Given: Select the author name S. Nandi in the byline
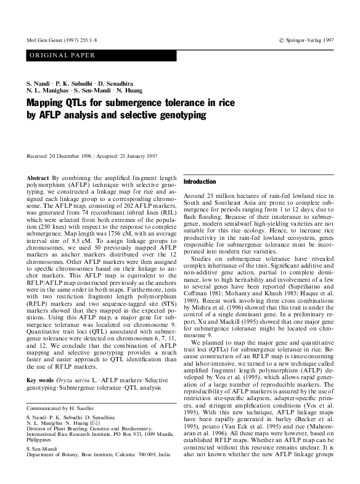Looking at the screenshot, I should click(39, 82).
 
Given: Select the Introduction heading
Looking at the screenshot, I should click(198, 183).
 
